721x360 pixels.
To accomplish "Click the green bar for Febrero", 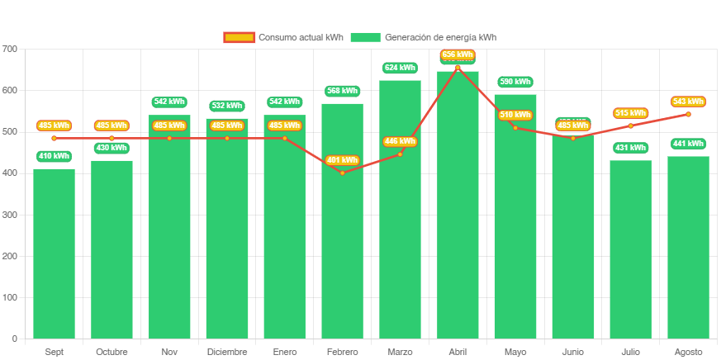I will click(342, 248).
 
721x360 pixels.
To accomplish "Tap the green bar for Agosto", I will click(688, 248).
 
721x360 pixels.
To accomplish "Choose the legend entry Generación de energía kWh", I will click(423, 37).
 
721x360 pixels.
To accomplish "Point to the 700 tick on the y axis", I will click(10, 49).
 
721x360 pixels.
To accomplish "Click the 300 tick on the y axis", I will click(10, 215).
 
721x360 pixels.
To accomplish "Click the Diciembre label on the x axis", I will click(227, 352).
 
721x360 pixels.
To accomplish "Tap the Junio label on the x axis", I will click(572, 352).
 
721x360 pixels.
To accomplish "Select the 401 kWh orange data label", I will click(342, 160).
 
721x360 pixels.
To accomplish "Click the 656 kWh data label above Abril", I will click(458, 55).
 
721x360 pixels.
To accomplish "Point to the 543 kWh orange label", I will click(688, 102).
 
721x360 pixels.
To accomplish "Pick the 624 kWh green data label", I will click(400, 68).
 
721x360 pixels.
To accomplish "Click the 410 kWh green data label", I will click(54, 156).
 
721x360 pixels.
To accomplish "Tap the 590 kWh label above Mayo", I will click(515, 82).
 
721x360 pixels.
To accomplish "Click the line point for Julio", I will click(630, 126).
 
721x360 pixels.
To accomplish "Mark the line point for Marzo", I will click(400, 154).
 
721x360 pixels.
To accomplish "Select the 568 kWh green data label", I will click(342, 91).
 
